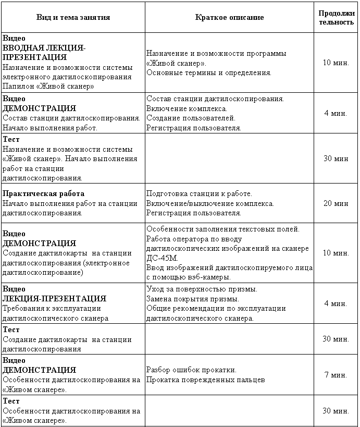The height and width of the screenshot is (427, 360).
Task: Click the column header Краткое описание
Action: coord(229,17)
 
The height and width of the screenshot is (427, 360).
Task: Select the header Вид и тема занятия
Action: coord(73,17)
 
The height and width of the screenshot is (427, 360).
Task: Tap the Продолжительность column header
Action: coord(336,17)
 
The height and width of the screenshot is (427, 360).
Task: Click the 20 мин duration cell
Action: coord(336,203)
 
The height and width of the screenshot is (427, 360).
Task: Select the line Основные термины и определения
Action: coord(209,72)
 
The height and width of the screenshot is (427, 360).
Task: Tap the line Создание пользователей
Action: coord(191,118)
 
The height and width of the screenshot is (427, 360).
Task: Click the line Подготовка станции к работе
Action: coord(199,193)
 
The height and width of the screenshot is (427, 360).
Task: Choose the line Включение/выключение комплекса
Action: coord(210,203)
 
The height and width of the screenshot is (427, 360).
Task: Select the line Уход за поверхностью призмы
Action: coord(202,289)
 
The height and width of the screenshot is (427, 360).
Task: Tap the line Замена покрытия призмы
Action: coord(193,299)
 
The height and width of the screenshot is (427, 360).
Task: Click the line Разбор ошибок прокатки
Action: coord(191,370)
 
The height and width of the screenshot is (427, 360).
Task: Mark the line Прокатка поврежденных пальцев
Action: coord(206,380)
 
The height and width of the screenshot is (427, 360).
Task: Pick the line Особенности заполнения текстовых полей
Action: coord(223,229)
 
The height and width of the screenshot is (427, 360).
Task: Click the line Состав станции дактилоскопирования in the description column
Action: coord(215,99)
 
